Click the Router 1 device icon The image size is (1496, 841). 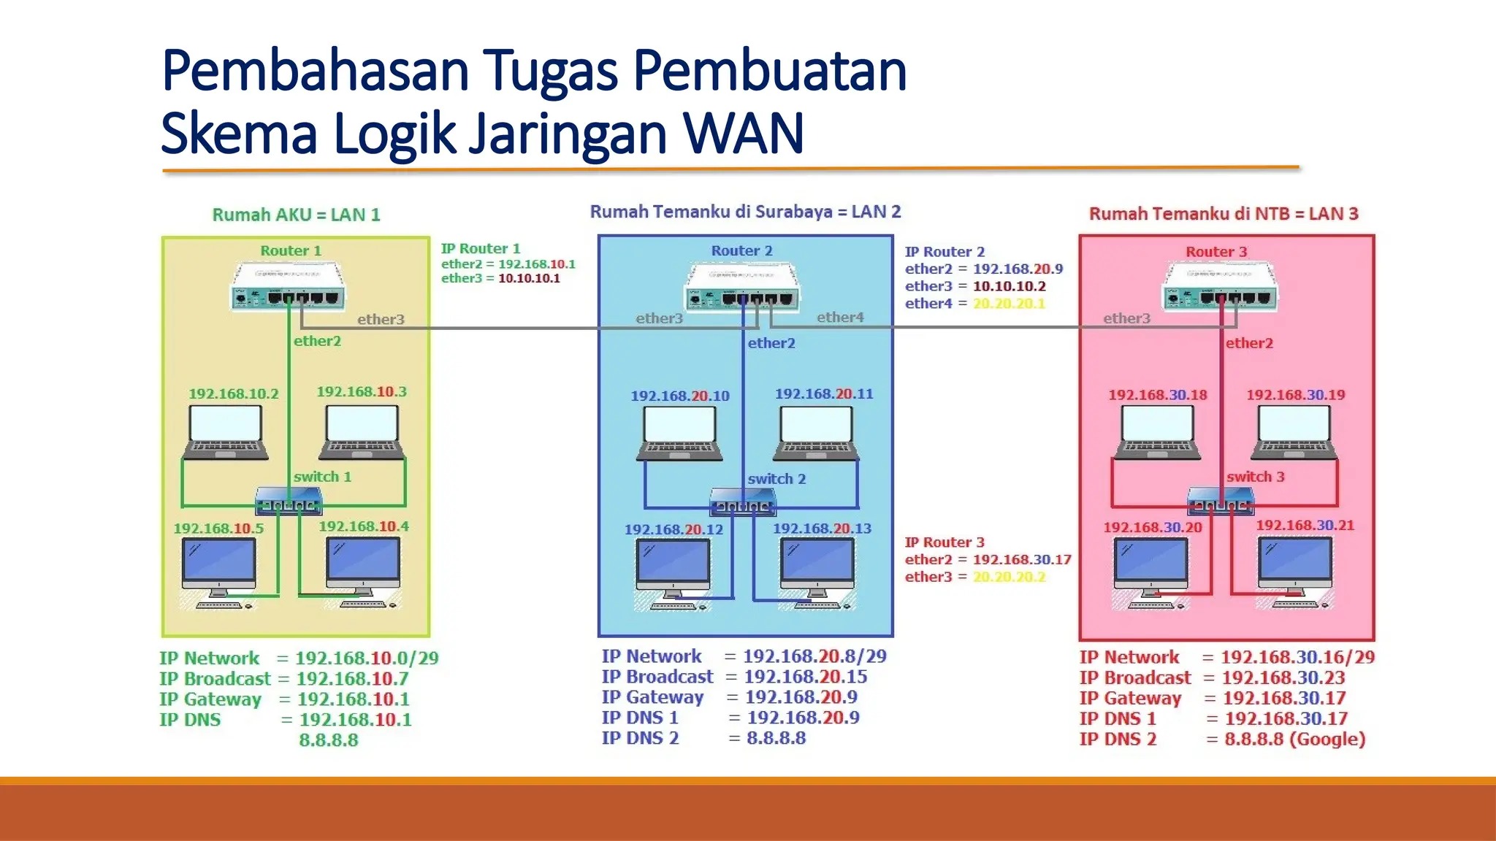[x=289, y=288]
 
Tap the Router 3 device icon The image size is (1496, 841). [x=1220, y=288]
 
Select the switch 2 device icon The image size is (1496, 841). [x=743, y=502]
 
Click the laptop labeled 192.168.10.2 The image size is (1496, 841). [x=225, y=432]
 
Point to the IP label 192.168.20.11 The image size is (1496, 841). [x=823, y=393]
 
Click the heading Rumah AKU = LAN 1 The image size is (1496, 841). [x=296, y=215]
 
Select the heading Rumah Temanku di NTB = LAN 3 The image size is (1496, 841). [x=1224, y=214]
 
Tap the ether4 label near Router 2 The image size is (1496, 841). [x=840, y=317]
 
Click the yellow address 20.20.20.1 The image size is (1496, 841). [x=1009, y=304]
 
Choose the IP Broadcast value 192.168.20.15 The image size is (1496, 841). [x=805, y=677]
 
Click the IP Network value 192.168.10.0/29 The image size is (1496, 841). [x=367, y=658]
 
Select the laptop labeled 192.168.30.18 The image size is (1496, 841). [x=1157, y=432]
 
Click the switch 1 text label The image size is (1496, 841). [x=322, y=477]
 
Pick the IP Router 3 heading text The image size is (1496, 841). [x=944, y=542]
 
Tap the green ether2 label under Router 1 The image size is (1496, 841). [x=317, y=341]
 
